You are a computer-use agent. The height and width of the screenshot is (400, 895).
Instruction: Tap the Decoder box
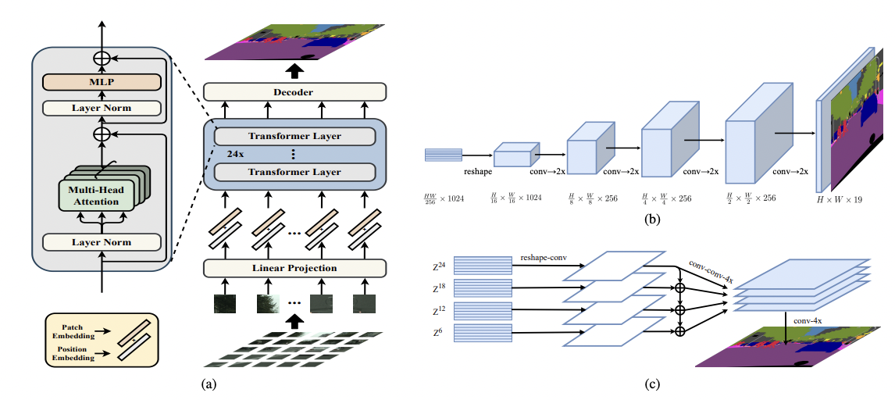pyautogui.click(x=294, y=92)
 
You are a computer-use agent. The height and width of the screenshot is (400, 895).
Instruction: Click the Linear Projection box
pyautogui.click(x=294, y=268)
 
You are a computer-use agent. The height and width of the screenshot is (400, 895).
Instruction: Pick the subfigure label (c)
pyautogui.click(x=652, y=384)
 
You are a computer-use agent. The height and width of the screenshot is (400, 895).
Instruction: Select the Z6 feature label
pyautogui.click(x=436, y=332)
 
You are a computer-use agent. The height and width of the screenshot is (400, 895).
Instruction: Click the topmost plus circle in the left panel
pyautogui.click(x=101, y=58)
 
